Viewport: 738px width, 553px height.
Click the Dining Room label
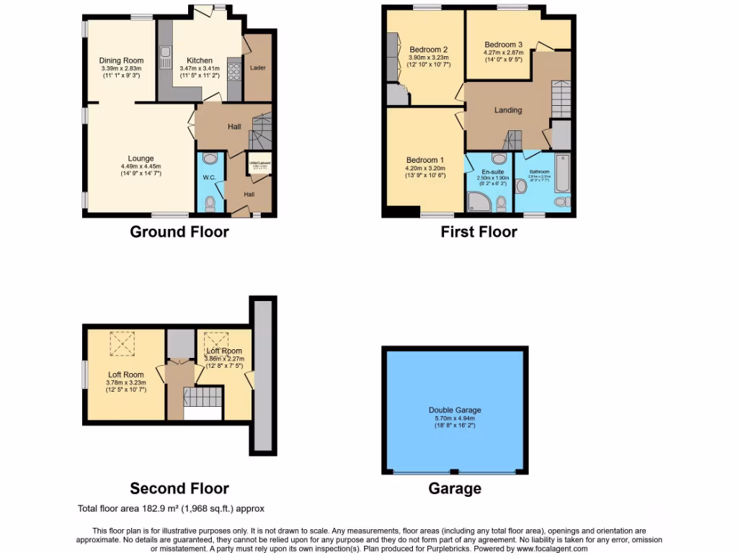coord(121,60)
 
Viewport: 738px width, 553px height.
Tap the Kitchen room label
coord(199,60)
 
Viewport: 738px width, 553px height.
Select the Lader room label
coord(257,68)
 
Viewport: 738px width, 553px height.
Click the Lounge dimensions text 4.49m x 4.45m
coord(141,166)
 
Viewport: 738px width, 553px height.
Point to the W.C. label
coord(209,177)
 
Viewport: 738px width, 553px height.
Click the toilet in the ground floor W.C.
coord(210,204)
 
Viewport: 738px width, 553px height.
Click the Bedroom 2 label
coord(429,50)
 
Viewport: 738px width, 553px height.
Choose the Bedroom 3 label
coord(503,44)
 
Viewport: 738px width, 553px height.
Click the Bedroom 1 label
coord(424,160)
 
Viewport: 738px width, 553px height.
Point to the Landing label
coord(507,110)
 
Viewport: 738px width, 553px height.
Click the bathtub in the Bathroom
coord(562,174)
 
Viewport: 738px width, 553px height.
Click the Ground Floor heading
coord(179,232)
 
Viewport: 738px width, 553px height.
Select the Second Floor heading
coord(179,489)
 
